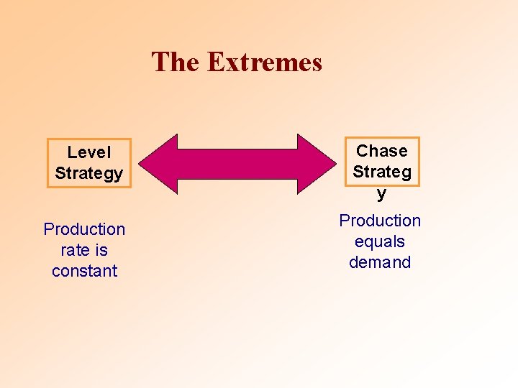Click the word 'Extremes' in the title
[264, 62]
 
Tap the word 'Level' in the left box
[89, 152]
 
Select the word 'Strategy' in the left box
[89, 173]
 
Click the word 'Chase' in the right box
[381, 151]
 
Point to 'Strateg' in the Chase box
[381, 172]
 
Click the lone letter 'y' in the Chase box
[381, 193]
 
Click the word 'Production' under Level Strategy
[84, 229]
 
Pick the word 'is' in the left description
[101, 250]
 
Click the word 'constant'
[84, 271]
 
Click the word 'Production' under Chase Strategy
[380, 221]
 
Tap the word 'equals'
[380, 242]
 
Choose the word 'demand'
[380, 262]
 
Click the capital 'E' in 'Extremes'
[215, 62]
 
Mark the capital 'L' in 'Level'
[71, 152]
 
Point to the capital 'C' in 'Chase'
[362, 151]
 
